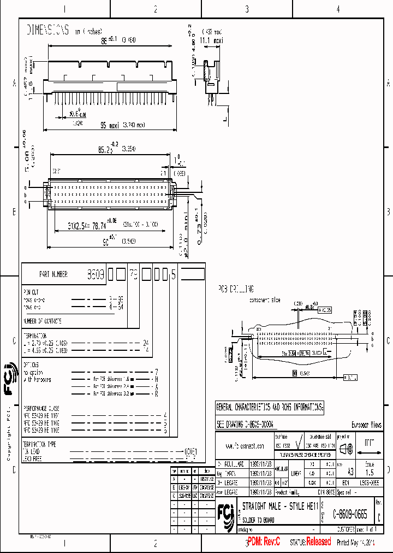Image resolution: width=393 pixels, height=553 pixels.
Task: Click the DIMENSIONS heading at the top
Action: pos(48,31)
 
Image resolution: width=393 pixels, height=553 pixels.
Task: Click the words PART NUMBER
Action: pos(53,274)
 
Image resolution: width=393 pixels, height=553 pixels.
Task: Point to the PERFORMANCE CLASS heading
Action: pos(41,408)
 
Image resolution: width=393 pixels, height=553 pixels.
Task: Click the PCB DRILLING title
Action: pos(236,289)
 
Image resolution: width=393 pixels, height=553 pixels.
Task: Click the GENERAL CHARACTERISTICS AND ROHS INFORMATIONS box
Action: pos(270,407)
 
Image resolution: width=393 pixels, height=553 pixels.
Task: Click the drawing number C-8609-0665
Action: pos(350,514)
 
